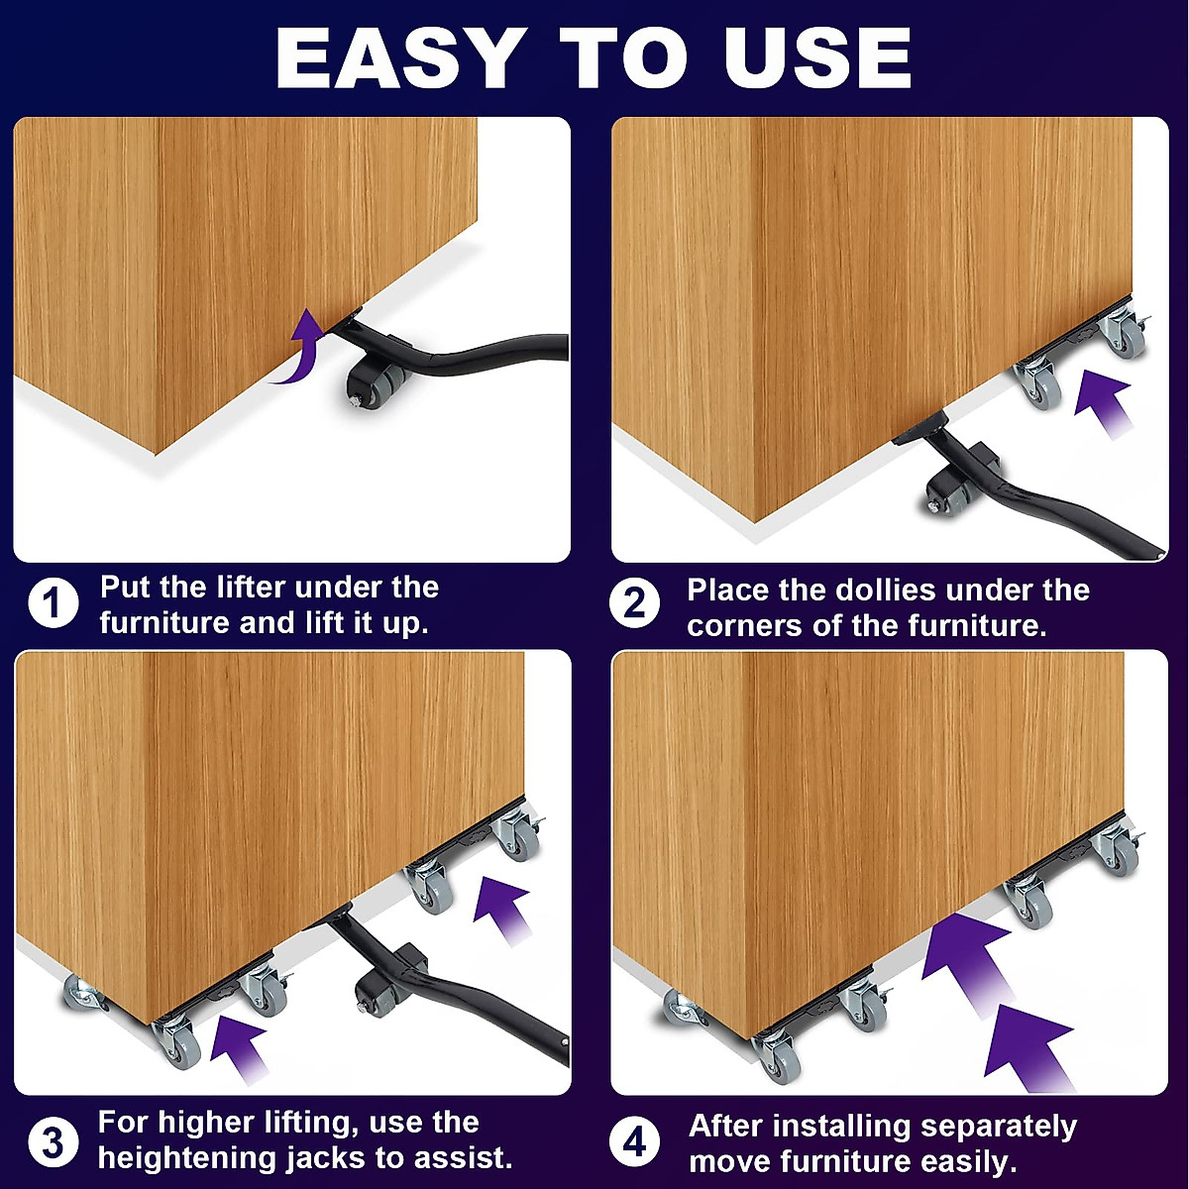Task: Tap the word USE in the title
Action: [817, 59]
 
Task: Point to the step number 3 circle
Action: [54, 1141]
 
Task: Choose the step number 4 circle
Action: [634, 1141]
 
